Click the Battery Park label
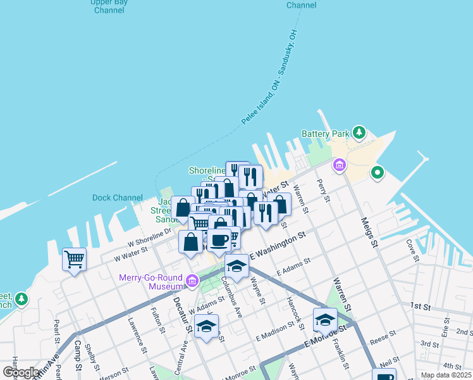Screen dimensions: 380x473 click(x=326, y=134)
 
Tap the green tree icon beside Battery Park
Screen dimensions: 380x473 click(x=359, y=132)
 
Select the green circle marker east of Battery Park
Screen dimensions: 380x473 click(x=378, y=172)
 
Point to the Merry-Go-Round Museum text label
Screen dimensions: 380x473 click(x=150, y=282)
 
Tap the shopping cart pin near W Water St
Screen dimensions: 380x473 click(x=74, y=258)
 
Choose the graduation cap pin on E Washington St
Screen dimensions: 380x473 click(x=237, y=266)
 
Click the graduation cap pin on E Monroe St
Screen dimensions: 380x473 click(x=325, y=319)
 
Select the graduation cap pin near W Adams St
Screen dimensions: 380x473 click(x=206, y=326)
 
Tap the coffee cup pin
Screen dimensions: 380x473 click(x=219, y=240)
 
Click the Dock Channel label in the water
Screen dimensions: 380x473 click(x=117, y=198)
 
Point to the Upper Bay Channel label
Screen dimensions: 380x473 click(x=109, y=6)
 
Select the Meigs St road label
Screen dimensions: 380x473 click(x=369, y=233)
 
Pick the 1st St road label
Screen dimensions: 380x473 click(x=420, y=306)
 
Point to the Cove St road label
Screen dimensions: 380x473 click(x=413, y=250)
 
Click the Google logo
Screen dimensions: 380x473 click(x=21, y=372)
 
